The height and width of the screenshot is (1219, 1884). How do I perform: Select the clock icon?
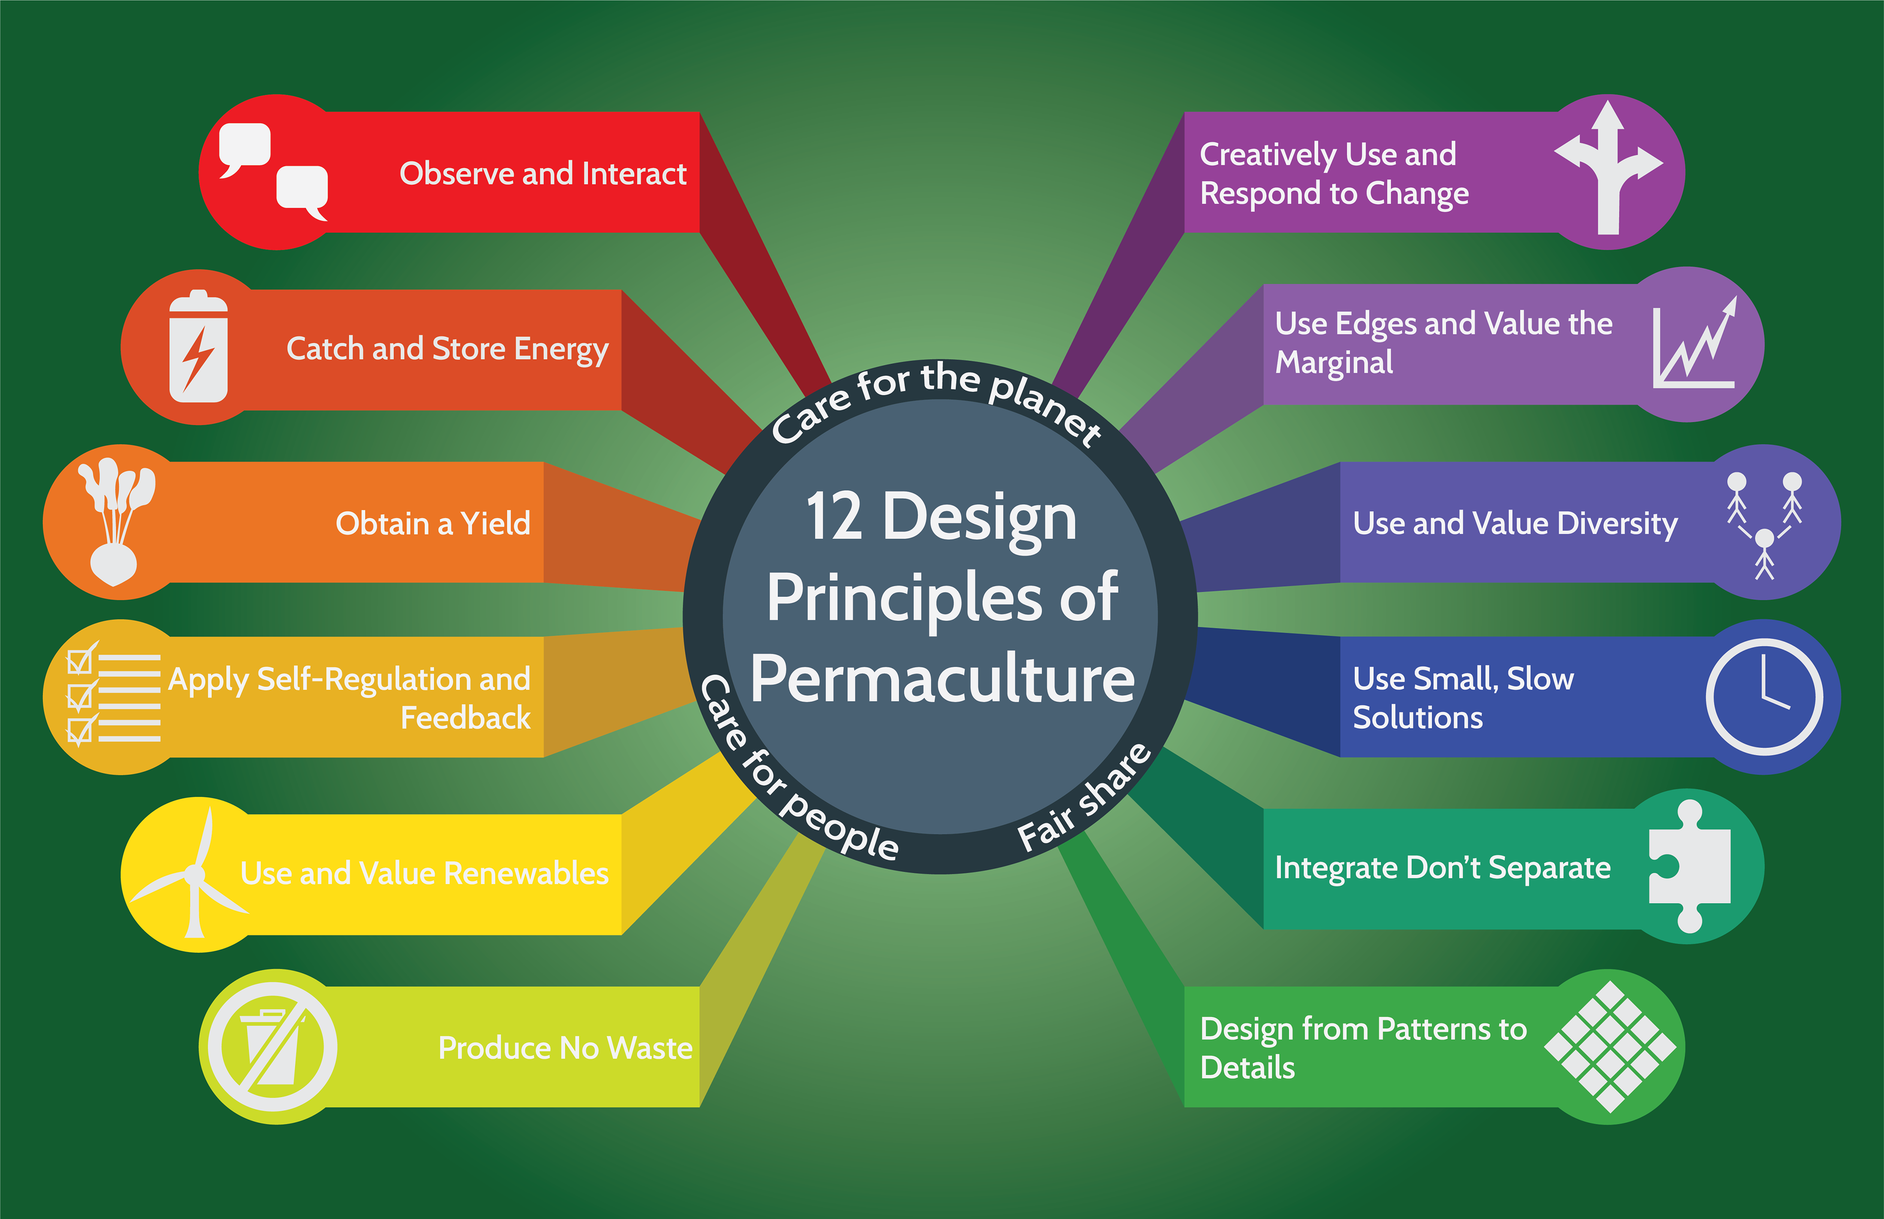click(x=1764, y=697)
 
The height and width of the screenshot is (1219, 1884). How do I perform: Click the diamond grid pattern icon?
click(x=1609, y=1046)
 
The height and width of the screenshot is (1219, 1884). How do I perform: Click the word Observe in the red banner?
click(x=456, y=173)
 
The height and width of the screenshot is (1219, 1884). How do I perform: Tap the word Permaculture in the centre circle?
click(x=942, y=679)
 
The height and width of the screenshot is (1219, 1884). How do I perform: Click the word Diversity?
click(x=1617, y=524)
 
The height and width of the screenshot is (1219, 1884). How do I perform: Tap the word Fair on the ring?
click(x=1044, y=831)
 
